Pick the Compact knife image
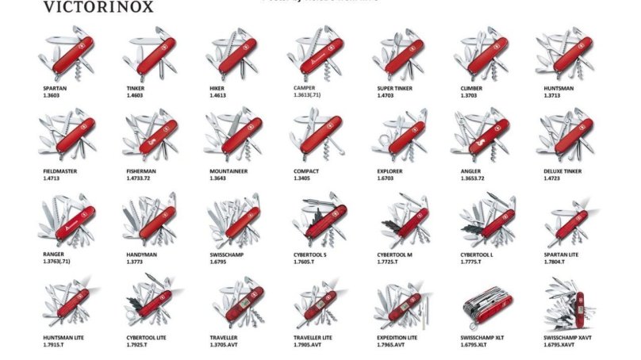317,136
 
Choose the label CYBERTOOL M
395,255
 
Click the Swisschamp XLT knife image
484,305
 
